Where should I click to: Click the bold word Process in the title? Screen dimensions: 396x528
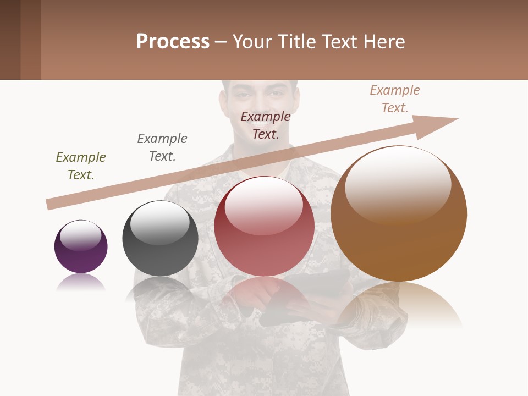(173, 41)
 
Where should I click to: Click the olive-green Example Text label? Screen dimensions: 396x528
(81, 166)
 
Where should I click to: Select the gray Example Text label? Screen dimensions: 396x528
(162, 147)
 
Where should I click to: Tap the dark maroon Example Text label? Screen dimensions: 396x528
(266, 125)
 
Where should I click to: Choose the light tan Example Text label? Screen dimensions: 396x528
(395, 98)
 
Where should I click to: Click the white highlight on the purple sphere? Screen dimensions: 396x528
(80, 235)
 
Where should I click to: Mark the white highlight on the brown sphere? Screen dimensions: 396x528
(398, 184)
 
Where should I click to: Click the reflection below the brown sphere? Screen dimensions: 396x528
(400, 305)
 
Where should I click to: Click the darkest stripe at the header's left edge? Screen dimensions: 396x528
(10, 40)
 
